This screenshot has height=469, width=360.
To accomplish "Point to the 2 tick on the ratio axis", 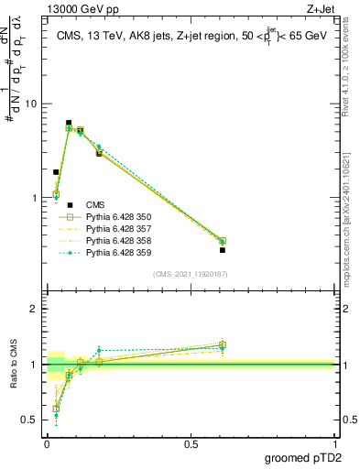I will (34, 309).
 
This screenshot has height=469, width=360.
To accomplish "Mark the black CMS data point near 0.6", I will (223, 250).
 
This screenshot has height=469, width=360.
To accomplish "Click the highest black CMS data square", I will (69, 123).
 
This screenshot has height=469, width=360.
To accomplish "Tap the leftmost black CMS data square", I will (56, 171).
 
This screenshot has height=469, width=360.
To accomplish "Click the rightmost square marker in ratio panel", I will (223, 345).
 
